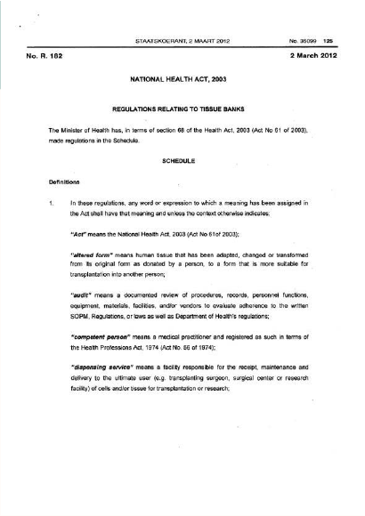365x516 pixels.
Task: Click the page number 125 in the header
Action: click(x=328, y=40)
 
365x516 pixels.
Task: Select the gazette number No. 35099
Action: click(x=302, y=40)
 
